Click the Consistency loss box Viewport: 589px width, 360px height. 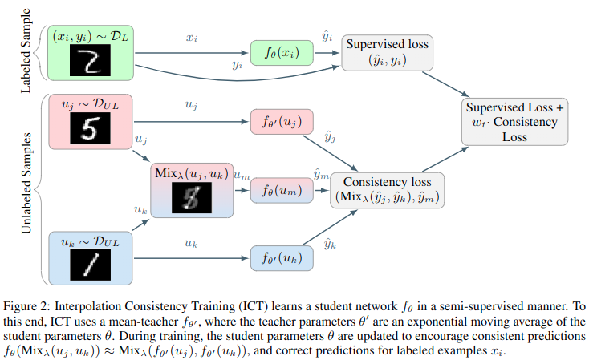[388, 189]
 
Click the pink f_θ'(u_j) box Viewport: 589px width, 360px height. [282, 123]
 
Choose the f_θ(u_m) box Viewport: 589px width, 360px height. [279, 191]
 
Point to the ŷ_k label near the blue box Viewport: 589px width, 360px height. [330, 243]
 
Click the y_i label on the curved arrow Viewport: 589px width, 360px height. [237, 67]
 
